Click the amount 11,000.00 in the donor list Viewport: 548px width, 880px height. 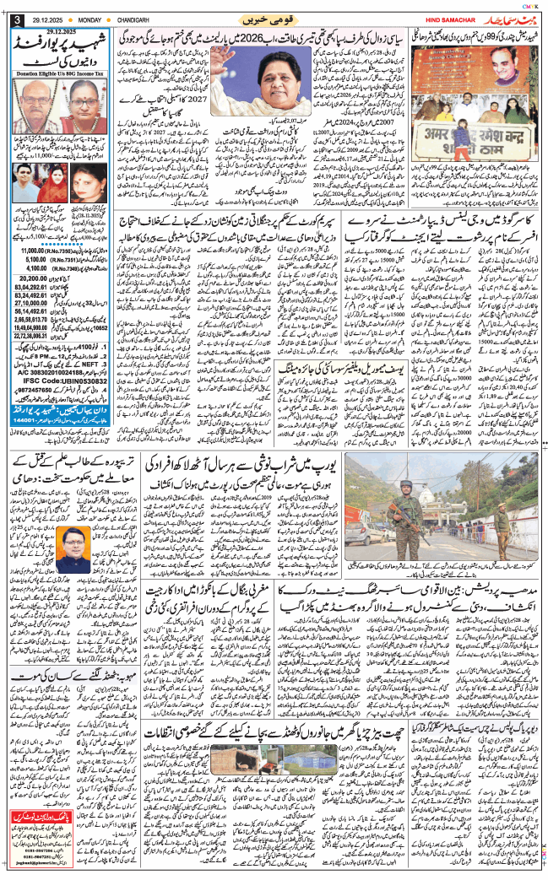[30, 251]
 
